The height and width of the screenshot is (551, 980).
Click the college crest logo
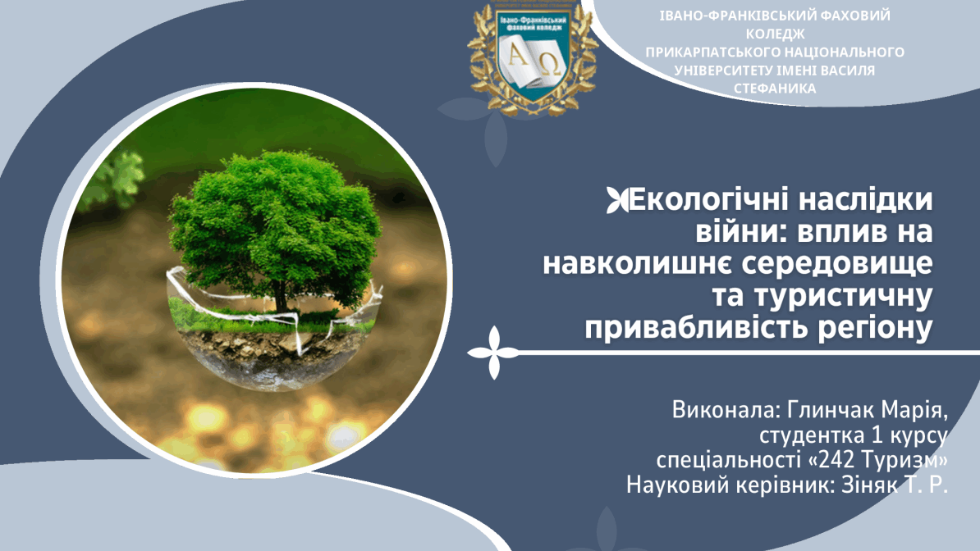(x=532, y=57)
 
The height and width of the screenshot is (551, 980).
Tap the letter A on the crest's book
(x=518, y=56)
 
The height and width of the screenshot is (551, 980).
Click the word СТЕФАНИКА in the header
(x=775, y=89)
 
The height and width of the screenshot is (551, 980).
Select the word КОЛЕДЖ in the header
(x=775, y=34)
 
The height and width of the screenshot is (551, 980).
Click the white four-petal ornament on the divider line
(x=494, y=353)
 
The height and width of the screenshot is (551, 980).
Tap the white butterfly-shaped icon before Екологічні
(x=617, y=201)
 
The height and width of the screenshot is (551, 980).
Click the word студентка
(x=811, y=436)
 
